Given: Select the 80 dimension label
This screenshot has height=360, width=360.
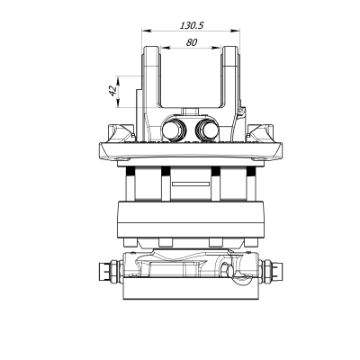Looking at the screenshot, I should point(192,42).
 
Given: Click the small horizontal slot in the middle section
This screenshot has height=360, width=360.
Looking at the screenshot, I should point(191,186).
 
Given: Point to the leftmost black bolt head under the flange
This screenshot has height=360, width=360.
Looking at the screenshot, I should point(130,171).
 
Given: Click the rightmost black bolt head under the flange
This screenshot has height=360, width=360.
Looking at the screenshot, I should point(252,171).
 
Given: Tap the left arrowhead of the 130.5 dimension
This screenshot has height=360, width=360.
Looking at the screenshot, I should point(143,32).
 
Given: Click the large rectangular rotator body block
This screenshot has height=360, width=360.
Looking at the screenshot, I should point(191,220).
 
